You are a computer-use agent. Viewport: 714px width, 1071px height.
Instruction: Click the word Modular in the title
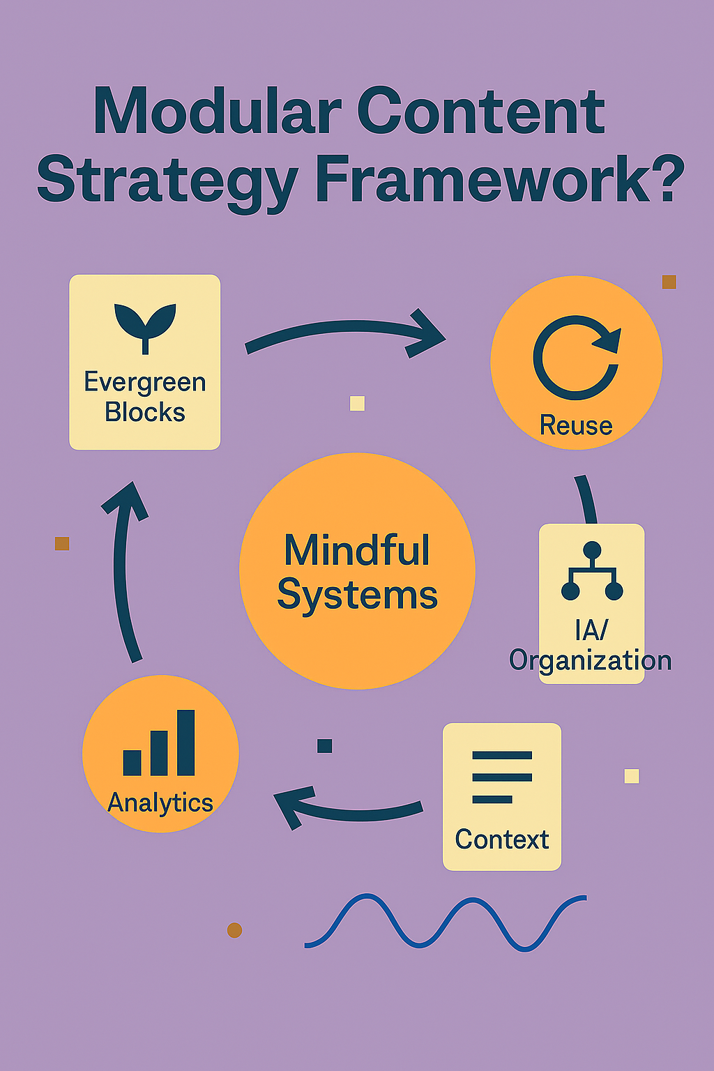point(217,112)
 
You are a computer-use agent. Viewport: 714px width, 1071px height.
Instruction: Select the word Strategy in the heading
point(167,180)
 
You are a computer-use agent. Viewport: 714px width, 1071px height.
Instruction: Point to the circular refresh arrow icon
point(576,357)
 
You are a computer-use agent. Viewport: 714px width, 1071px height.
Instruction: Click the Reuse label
point(576,425)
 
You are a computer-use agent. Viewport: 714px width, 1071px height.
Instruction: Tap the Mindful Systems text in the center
point(357,572)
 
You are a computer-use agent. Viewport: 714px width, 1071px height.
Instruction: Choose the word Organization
point(591,660)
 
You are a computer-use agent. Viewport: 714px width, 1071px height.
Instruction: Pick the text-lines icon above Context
point(502,777)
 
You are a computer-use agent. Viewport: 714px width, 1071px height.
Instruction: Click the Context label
point(502,840)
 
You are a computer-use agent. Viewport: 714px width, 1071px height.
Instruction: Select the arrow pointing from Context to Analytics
point(349,809)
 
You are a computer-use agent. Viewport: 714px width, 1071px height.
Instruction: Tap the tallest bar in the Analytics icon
point(186,743)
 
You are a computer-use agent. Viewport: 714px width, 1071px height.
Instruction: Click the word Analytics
point(160,803)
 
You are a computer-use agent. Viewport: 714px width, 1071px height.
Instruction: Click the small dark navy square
point(324,745)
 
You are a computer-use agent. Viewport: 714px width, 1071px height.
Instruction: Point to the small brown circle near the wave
point(235,930)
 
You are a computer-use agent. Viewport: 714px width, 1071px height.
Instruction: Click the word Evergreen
point(145,382)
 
